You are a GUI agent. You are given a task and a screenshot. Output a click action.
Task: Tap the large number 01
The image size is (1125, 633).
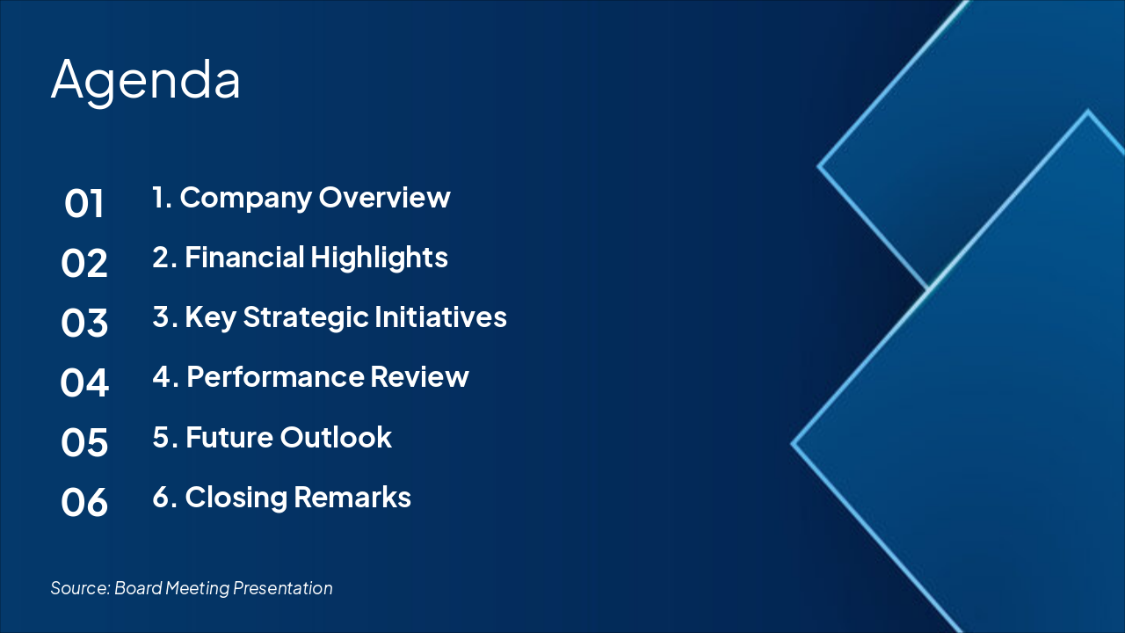pyautogui.click(x=83, y=203)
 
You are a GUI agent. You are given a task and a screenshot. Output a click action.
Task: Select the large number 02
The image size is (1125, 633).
pyautogui.click(x=83, y=263)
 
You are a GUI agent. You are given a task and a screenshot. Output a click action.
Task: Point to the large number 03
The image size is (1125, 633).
pyautogui.click(x=83, y=323)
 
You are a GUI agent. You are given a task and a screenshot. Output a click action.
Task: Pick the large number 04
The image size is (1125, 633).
pyautogui.click(x=83, y=382)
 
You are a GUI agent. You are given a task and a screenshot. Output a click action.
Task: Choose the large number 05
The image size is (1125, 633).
pyautogui.click(x=83, y=442)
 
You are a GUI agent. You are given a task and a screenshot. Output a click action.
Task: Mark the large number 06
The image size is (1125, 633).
pyautogui.click(x=83, y=502)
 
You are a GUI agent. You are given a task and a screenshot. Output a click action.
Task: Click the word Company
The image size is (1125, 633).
pyautogui.click(x=246, y=199)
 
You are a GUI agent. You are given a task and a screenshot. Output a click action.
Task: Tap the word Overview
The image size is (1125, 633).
pyautogui.click(x=385, y=197)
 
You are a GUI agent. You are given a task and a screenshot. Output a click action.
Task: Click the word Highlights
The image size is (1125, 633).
pyautogui.click(x=379, y=258)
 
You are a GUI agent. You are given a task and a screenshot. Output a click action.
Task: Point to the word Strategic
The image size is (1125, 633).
pyautogui.click(x=306, y=318)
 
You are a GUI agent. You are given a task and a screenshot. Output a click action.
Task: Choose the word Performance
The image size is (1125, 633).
pyautogui.click(x=275, y=377)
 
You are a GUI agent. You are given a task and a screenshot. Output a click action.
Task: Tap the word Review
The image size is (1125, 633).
pyautogui.click(x=419, y=377)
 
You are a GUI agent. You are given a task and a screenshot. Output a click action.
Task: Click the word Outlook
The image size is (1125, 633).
pyautogui.click(x=336, y=437)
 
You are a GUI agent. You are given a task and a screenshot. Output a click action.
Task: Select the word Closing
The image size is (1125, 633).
pyautogui.click(x=236, y=498)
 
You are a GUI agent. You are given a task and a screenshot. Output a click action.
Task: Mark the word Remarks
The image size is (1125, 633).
pyautogui.click(x=352, y=498)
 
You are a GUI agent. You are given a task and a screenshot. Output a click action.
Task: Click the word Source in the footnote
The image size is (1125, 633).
pyautogui.click(x=80, y=588)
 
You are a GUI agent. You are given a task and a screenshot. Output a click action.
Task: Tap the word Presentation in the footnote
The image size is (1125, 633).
pyautogui.click(x=283, y=588)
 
